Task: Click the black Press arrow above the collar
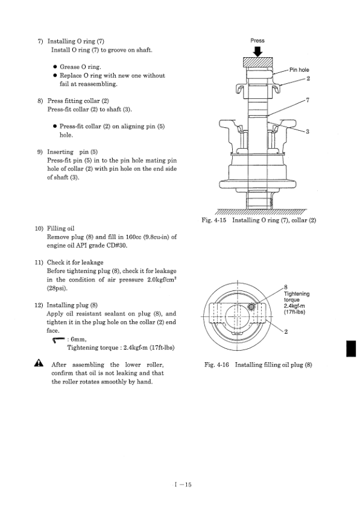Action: point(258,51)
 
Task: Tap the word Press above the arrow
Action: point(257,40)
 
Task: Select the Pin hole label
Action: point(299,70)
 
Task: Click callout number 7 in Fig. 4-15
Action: point(308,100)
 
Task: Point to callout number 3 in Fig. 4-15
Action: point(308,131)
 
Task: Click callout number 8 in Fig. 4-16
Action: point(286,287)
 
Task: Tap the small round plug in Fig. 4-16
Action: point(251,307)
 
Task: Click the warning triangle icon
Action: point(39,363)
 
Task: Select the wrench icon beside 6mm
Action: point(58,339)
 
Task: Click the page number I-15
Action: point(183,484)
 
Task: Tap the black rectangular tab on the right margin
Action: point(351,348)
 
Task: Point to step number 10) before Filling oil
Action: point(39,228)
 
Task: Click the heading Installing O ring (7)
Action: point(76,41)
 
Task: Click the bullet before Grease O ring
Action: point(55,67)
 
